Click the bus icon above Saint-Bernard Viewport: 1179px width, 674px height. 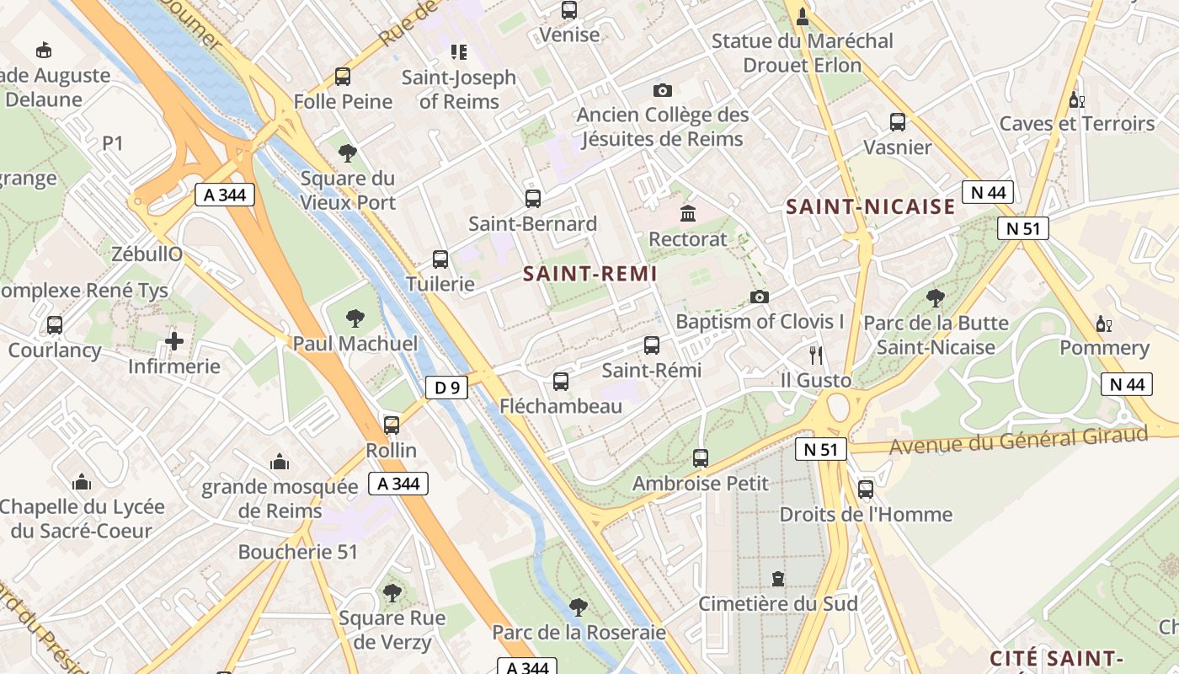click(533, 199)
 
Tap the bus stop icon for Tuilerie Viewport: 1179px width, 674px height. click(440, 259)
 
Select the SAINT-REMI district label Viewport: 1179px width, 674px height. click(589, 274)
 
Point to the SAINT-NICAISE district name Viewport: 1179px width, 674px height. click(871, 206)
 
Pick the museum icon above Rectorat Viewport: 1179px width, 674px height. click(688, 212)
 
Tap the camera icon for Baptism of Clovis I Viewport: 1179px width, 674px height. click(760, 297)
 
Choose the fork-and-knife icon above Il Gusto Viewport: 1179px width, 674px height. click(814, 355)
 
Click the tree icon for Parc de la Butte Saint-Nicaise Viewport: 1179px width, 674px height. click(935, 297)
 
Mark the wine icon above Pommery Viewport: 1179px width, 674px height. click(1103, 324)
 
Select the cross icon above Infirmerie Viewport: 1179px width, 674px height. click(174, 341)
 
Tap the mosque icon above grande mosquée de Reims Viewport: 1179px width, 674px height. click(280, 462)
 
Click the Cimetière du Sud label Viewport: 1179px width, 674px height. click(778, 603)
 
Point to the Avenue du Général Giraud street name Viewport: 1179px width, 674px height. click(1019, 440)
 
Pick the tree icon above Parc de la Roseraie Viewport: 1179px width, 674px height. click(578, 607)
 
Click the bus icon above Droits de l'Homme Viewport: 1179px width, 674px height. click(866, 489)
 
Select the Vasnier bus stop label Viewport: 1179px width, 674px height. click(898, 147)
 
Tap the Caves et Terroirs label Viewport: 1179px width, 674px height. click(1077, 124)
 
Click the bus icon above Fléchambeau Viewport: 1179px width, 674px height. click(561, 382)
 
